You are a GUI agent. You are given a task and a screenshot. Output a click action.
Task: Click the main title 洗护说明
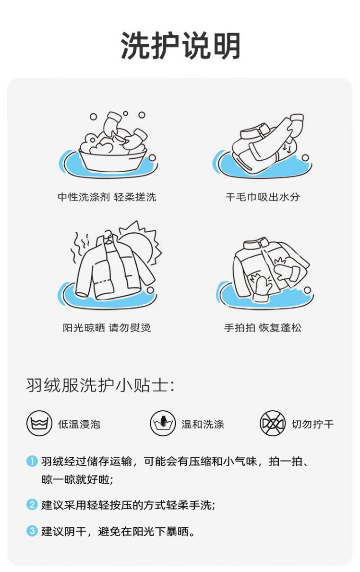tap(180, 46)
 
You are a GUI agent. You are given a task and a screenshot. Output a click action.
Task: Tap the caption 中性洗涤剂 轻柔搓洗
tap(107, 197)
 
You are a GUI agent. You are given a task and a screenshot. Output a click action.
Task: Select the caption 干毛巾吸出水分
tap(263, 197)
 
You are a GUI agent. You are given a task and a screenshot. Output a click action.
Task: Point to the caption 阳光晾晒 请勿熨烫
tap(107, 328)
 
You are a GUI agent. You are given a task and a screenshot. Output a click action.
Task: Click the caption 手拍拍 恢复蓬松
tap(263, 328)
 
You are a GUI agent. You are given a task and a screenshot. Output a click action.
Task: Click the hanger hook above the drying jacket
tap(108, 234)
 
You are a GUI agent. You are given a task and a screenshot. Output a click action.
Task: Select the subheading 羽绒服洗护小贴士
tap(100, 385)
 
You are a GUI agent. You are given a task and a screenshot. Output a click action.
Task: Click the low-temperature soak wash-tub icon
tap(39, 424)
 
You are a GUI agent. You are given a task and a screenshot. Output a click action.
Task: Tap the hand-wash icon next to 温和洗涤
tap(163, 424)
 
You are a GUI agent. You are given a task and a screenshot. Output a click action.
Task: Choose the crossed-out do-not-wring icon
tap(273, 424)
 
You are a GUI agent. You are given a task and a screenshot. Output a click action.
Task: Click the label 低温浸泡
tap(79, 424)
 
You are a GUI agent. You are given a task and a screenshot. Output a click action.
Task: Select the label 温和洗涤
tap(203, 424)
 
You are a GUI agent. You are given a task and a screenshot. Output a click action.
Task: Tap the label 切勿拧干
tap(312, 424)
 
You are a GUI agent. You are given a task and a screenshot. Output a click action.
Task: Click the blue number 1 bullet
tap(32, 461)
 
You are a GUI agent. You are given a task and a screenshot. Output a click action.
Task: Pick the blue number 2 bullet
tap(32, 504)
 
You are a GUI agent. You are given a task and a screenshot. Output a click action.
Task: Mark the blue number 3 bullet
tap(32, 531)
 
